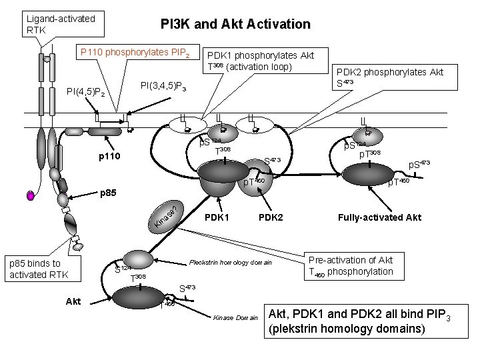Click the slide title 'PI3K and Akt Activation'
click(x=235, y=24)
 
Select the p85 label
click(x=109, y=196)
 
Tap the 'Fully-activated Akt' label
click(x=380, y=218)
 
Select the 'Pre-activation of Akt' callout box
click(x=351, y=265)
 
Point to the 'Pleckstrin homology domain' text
click(x=231, y=263)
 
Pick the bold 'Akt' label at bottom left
click(x=73, y=301)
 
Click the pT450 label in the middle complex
click(x=254, y=181)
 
